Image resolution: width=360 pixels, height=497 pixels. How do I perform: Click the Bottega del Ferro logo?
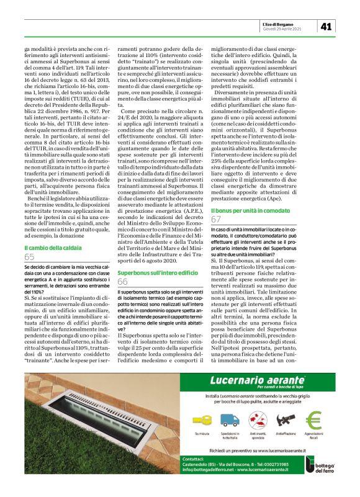click(x=332, y=476)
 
